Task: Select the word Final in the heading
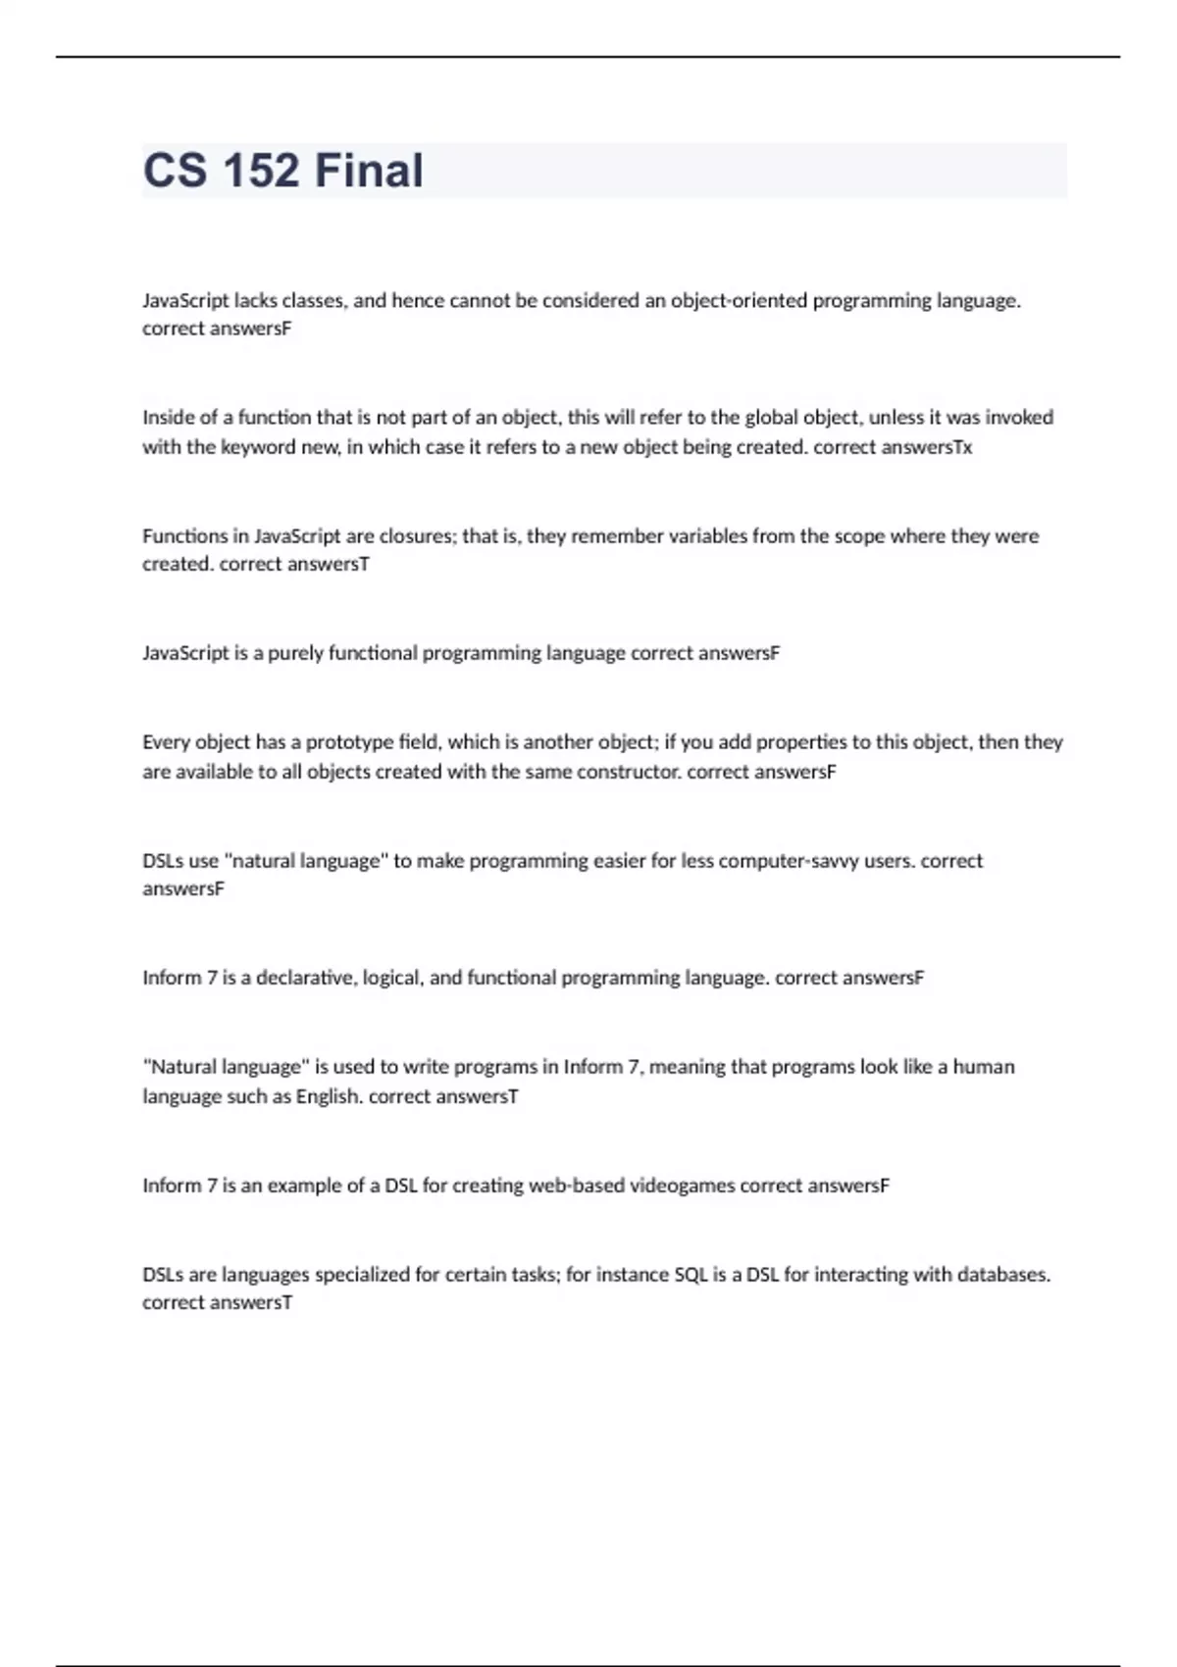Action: [x=369, y=171]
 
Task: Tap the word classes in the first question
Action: [x=313, y=301]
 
